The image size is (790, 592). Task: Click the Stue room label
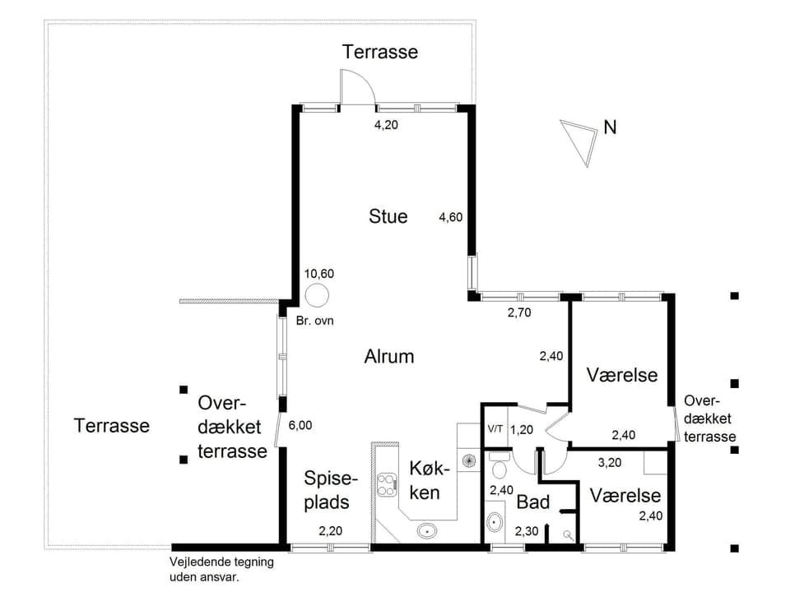pyautogui.click(x=388, y=216)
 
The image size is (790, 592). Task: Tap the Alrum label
pyautogui.click(x=388, y=356)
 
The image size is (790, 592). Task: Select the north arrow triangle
pyautogui.click(x=579, y=140)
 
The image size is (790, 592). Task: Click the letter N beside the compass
pyautogui.click(x=610, y=127)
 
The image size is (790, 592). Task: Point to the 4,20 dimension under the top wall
pyautogui.click(x=387, y=126)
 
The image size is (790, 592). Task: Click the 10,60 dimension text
pyautogui.click(x=318, y=274)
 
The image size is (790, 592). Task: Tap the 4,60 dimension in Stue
pyautogui.click(x=450, y=218)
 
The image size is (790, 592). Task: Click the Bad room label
pyautogui.click(x=532, y=502)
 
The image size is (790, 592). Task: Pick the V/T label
pyautogui.click(x=495, y=429)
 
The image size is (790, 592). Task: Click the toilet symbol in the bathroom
pyautogui.click(x=499, y=466)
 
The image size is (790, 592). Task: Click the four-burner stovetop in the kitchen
pyautogui.click(x=386, y=484)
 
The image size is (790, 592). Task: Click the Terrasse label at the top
pyautogui.click(x=380, y=52)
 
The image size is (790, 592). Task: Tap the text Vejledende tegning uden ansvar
pyautogui.click(x=221, y=569)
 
